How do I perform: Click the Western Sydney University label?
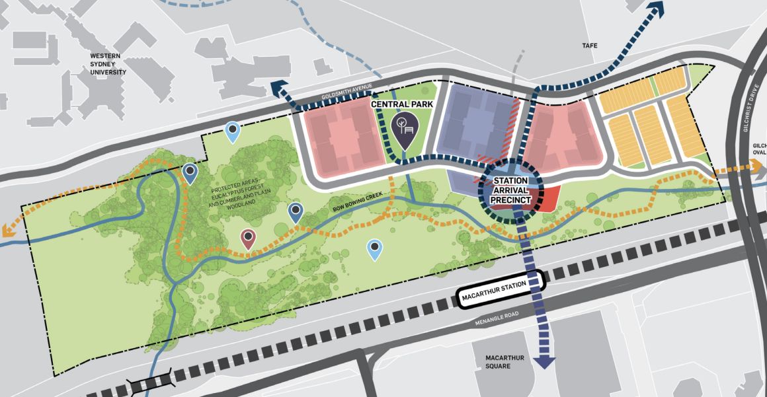pyautogui.click(x=108, y=64)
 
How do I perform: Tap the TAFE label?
pyautogui.click(x=590, y=46)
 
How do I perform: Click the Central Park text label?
pyautogui.click(x=402, y=104)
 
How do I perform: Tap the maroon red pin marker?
pyautogui.click(x=248, y=238)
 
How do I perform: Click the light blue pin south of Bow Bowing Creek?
pyautogui.click(x=374, y=248)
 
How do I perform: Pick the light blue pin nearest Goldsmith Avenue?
pyautogui.click(x=232, y=131)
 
